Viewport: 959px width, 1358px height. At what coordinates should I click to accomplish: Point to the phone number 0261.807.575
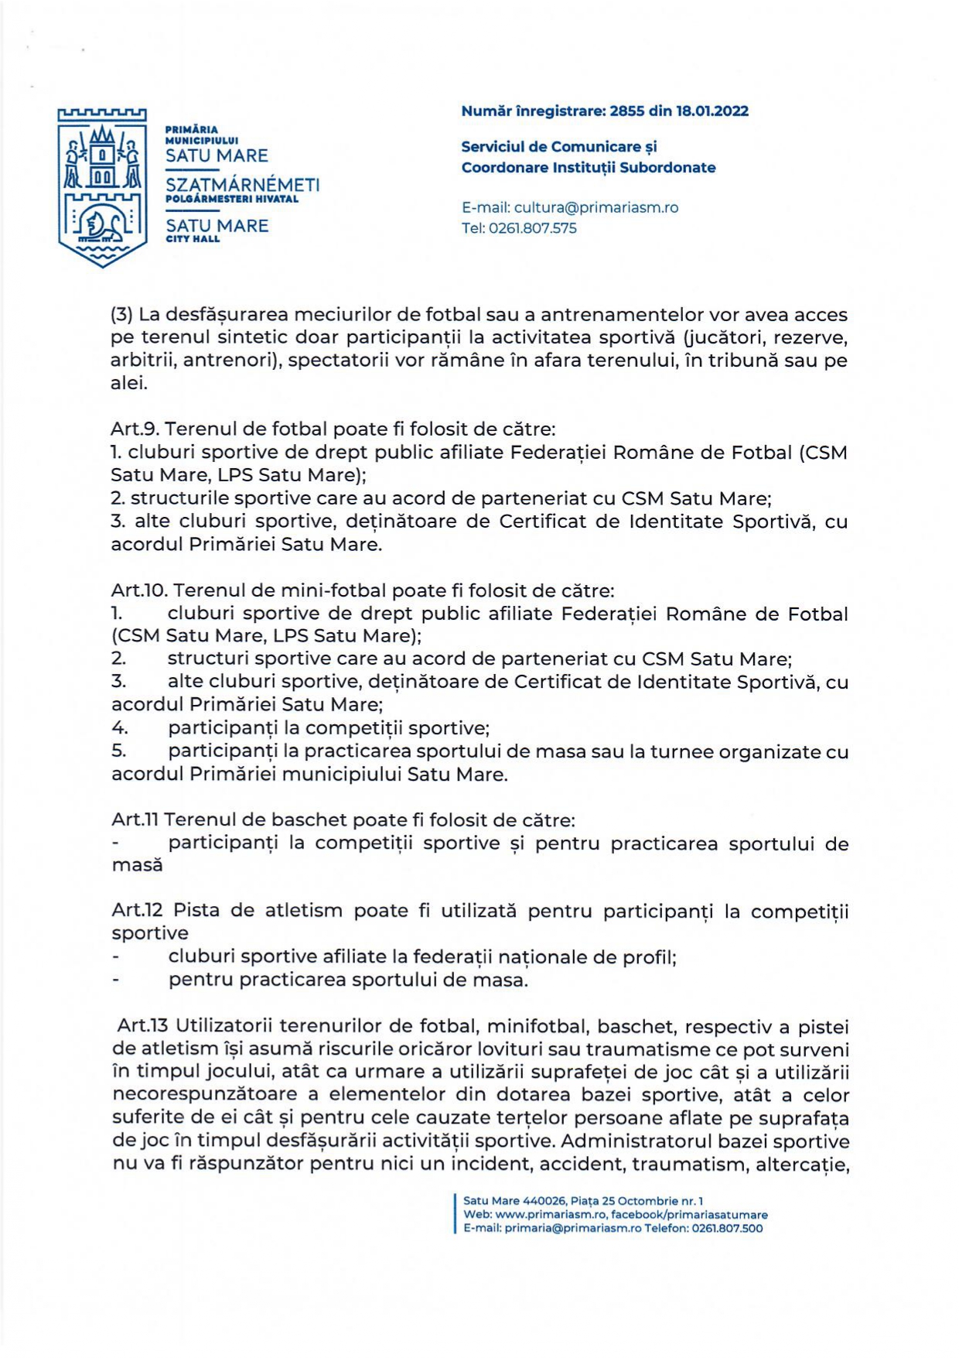pos(533,228)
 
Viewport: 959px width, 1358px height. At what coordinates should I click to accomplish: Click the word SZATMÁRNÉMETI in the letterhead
pos(242,185)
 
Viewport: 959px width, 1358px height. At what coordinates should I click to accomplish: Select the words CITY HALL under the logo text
pos(193,239)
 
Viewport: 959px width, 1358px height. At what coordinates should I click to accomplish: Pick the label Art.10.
pos(139,590)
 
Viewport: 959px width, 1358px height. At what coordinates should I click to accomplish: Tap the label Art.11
pos(135,819)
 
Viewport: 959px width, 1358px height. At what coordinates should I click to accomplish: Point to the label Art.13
pos(142,1026)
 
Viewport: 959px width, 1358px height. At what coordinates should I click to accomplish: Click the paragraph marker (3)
pos(122,315)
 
